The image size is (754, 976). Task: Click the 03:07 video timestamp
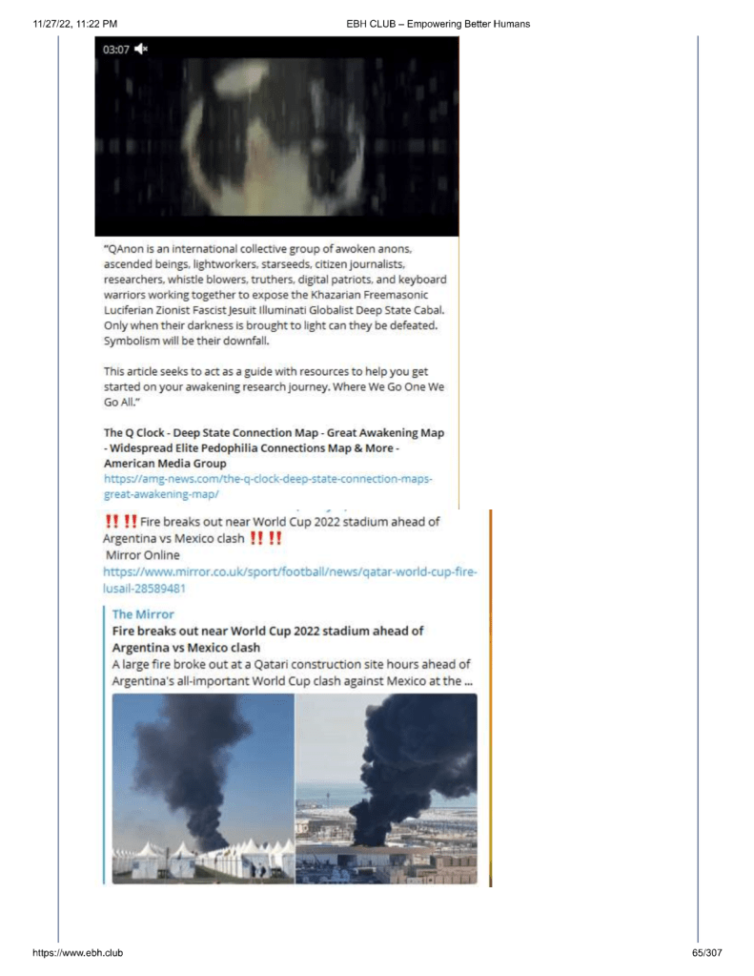click(116, 49)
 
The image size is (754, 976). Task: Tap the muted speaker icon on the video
click(141, 49)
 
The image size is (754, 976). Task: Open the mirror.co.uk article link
click(290, 580)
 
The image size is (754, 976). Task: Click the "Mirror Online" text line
click(142, 554)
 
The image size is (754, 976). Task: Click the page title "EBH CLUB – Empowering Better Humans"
click(438, 23)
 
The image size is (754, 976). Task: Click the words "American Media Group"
click(165, 464)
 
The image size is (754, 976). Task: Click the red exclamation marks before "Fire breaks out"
click(119, 522)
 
